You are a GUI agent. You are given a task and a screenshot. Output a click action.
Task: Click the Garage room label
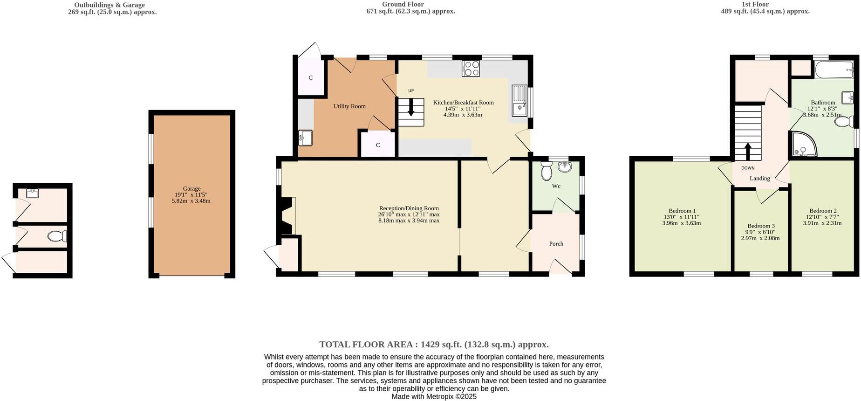click(191, 189)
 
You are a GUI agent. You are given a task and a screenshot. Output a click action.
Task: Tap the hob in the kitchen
click(471, 69)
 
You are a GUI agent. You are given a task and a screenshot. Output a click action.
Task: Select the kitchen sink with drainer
click(519, 100)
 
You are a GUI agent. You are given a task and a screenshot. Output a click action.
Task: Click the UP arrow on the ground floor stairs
click(410, 108)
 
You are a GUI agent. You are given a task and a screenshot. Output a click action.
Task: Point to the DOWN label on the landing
click(748, 168)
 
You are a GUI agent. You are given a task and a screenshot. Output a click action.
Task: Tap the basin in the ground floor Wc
click(564, 167)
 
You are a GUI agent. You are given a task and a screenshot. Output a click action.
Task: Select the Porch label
click(556, 244)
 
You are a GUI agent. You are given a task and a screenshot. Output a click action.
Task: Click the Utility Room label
click(349, 106)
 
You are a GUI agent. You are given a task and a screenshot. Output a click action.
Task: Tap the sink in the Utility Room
click(306, 138)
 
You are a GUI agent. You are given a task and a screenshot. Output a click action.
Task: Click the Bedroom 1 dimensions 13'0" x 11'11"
click(681, 217)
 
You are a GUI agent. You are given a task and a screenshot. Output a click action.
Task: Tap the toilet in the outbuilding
click(57, 236)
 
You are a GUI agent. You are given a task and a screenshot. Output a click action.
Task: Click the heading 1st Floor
click(765, 4)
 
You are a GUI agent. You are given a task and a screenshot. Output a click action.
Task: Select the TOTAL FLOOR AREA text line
click(434, 345)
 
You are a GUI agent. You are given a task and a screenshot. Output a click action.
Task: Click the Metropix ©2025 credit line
click(434, 397)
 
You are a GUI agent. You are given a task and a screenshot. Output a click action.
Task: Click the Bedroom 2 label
click(822, 211)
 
